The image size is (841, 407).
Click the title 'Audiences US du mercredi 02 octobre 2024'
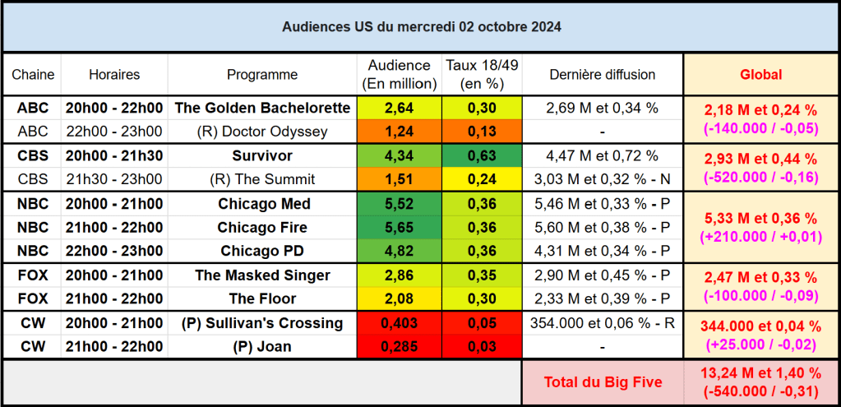pyautogui.click(x=421, y=26)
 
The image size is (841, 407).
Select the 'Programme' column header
pyautogui.click(x=262, y=75)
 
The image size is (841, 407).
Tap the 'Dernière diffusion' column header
pyautogui.click(x=603, y=75)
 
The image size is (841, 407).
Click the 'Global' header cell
pyautogui.click(x=760, y=75)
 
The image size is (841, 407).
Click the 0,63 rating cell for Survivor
pyautogui.click(x=482, y=155)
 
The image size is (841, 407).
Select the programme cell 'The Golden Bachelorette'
pyautogui.click(x=262, y=108)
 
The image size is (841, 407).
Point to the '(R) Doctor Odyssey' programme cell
pyautogui.click(x=262, y=132)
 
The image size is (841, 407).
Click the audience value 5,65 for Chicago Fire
pyautogui.click(x=399, y=227)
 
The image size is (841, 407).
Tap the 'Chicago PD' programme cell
pyautogui.click(x=262, y=251)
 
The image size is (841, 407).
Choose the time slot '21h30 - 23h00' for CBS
pyautogui.click(x=114, y=179)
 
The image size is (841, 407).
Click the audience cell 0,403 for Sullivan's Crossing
pyautogui.click(x=399, y=323)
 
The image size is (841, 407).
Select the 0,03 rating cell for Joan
pyautogui.click(x=482, y=347)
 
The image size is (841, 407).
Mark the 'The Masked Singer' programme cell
pyautogui.click(x=262, y=275)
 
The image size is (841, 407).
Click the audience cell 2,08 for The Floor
pyautogui.click(x=399, y=298)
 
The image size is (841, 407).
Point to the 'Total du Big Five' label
pyautogui.click(x=603, y=382)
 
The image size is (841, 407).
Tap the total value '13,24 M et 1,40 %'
pyautogui.click(x=760, y=373)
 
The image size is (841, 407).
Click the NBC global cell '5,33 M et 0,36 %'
pyautogui.click(x=760, y=218)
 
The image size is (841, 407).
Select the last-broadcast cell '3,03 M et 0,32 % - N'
pyautogui.click(x=603, y=179)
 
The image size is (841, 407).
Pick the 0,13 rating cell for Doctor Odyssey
pyautogui.click(x=482, y=132)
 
